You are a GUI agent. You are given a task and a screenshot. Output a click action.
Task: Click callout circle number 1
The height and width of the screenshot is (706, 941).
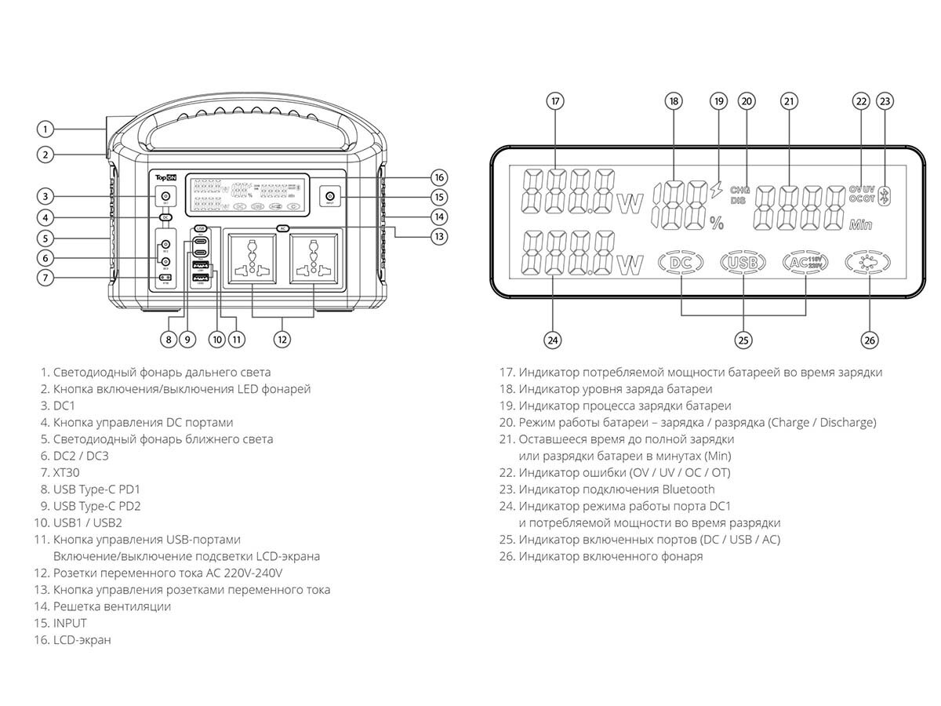point(46,129)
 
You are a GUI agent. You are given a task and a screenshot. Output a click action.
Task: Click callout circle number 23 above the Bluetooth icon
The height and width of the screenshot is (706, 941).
point(885,101)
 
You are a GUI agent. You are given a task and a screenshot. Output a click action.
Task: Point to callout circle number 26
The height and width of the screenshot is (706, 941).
point(869,340)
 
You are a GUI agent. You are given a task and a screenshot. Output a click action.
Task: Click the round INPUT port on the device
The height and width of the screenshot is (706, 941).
point(329,196)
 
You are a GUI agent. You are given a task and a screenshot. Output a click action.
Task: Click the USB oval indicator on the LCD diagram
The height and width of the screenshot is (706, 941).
point(742,263)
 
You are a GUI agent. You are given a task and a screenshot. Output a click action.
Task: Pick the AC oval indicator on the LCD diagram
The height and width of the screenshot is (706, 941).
point(805,263)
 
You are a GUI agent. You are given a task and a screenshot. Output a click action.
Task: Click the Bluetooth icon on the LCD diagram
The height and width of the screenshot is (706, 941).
point(885,196)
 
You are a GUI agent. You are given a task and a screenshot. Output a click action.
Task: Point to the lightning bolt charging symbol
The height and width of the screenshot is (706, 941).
point(714,189)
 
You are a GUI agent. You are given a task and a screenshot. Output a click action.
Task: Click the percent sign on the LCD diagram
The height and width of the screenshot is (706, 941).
point(716,222)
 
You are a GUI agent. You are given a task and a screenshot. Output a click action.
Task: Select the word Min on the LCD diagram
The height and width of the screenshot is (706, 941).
point(860,225)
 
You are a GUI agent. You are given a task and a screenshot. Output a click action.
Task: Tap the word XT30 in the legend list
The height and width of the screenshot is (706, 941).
point(67,473)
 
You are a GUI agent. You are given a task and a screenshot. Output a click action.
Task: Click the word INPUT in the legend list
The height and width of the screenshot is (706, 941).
point(70,624)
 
